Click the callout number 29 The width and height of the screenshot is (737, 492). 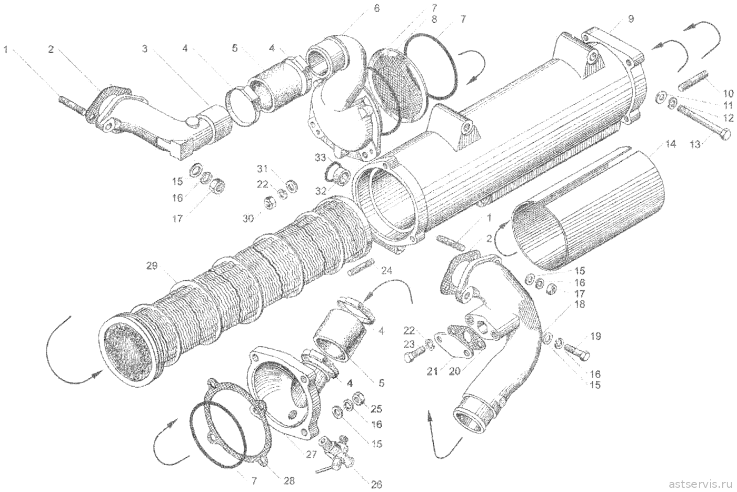[152, 266]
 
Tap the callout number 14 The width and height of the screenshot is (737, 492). [670, 144]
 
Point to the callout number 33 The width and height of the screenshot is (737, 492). [320, 158]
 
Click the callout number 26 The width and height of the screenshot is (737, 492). [376, 485]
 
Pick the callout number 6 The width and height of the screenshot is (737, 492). [376, 8]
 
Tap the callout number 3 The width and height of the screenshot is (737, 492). [145, 49]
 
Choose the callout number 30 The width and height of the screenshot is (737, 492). [248, 218]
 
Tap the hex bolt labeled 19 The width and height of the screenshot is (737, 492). [577, 353]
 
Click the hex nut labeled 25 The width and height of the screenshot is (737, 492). [359, 398]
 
